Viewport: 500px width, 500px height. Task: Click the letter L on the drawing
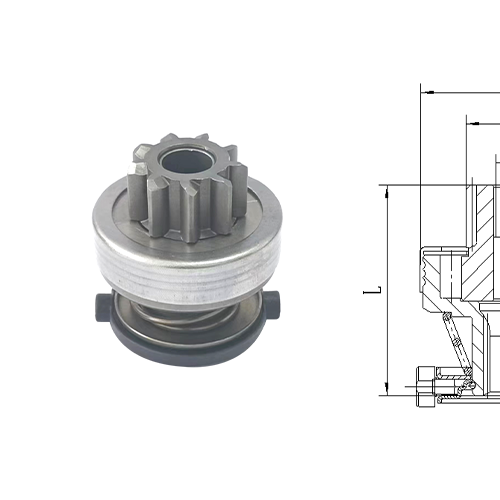372,291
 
